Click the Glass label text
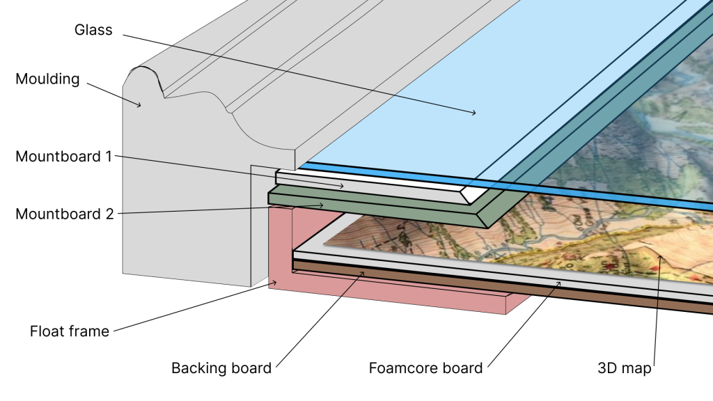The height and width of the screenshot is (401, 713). [93, 30]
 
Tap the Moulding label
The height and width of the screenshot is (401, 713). [48, 79]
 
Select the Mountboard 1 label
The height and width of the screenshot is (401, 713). [63, 157]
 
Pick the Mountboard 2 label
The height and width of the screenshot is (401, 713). [65, 214]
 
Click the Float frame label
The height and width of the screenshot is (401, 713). [70, 331]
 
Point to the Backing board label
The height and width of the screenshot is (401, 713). [221, 368]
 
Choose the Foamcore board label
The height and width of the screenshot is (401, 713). [425, 368]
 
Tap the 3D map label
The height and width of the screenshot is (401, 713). [625, 368]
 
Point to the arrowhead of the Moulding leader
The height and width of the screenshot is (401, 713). [139, 106]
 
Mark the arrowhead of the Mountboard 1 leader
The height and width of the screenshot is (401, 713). [342, 186]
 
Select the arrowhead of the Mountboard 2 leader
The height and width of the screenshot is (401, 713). [322, 205]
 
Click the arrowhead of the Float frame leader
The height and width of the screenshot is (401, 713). [274, 283]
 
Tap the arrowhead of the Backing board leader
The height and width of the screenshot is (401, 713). [362, 273]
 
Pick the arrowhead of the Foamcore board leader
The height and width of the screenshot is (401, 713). [559, 283]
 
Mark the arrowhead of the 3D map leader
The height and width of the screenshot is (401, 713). [661, 257]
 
